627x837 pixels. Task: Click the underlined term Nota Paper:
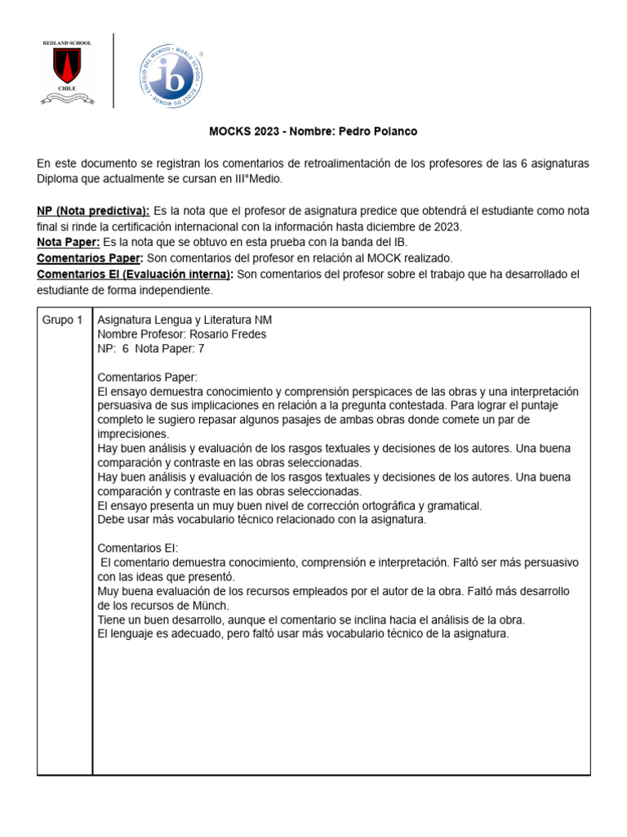[69, 242]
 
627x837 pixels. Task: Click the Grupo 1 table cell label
[62, 320]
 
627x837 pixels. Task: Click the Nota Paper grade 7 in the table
[201, 348]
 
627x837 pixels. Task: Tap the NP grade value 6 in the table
[126, 348]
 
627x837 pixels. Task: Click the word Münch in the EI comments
[211, 605]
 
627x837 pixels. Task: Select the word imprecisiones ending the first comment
[133, 434]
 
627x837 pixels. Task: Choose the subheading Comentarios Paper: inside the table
[147, 377]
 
